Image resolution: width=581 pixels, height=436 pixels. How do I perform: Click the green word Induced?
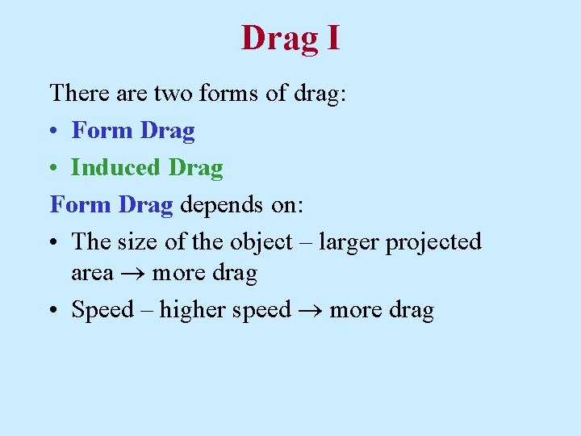coord(115,167)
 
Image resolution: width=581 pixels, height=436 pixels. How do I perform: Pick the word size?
coord(136,241)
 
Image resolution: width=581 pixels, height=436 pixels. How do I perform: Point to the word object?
coord(261,242)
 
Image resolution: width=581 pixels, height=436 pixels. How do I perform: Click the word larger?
coord(349,242)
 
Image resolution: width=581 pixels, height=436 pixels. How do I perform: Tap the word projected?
coord(433,242)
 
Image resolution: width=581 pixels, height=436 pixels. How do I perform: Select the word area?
coord(92,275)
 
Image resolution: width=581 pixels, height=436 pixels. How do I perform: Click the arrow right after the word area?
coord(132,275)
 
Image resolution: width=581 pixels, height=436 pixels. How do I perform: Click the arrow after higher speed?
coord(310,311)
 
